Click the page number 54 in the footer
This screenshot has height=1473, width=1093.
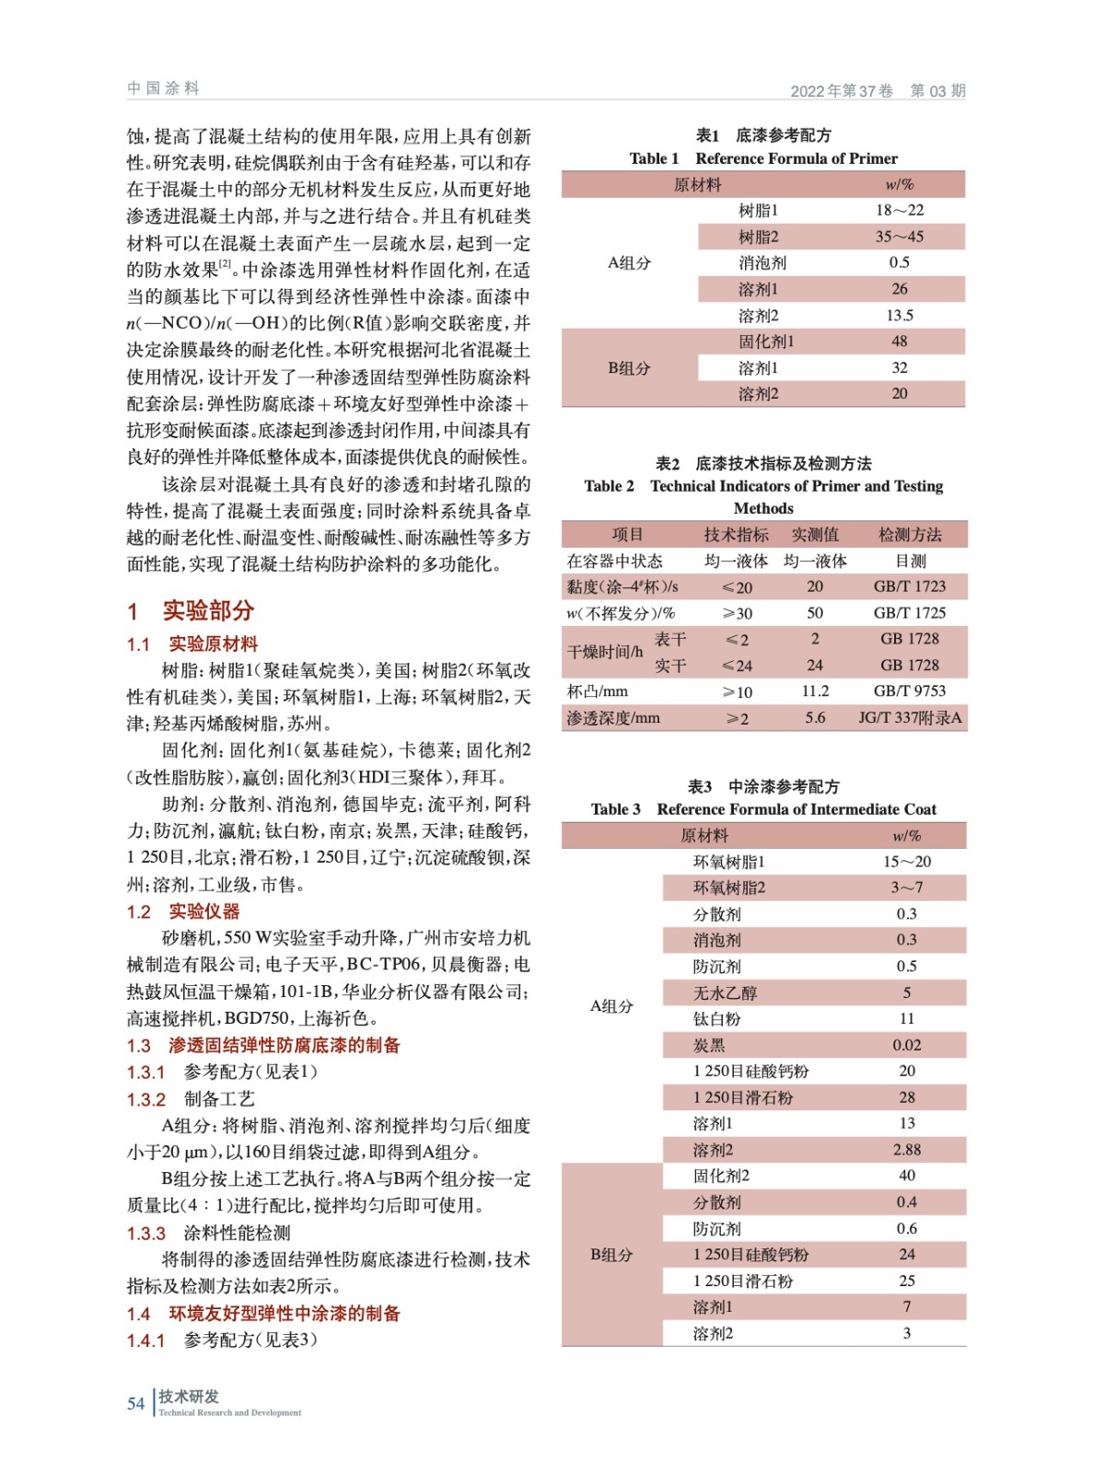[135, 1403]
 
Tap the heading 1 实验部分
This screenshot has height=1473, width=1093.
[190, 610]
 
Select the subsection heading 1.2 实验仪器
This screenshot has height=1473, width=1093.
[183, 911]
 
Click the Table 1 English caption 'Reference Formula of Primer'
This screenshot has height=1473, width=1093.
[796, 158]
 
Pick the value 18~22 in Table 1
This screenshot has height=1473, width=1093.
[899, 210]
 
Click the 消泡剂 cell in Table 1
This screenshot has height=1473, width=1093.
[762, 262]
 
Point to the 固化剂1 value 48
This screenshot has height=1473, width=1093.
[899, 342]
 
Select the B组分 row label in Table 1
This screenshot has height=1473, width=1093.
[629, 368]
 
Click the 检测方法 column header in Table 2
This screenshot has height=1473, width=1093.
[910, 534]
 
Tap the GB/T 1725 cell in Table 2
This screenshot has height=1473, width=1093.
[909, 612]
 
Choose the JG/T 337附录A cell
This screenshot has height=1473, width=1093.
[909, 717]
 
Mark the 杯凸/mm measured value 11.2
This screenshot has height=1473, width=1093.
[815, 690]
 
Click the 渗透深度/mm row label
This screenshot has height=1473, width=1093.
[613, 717]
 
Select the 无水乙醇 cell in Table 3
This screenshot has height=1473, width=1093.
[725, 992]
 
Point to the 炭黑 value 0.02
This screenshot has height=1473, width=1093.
[906, 1045]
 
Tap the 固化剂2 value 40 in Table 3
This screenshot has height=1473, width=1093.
[906, 1176]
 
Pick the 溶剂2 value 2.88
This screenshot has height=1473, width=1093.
[906, 1150]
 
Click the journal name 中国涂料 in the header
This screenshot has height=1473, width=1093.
[163, 88]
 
